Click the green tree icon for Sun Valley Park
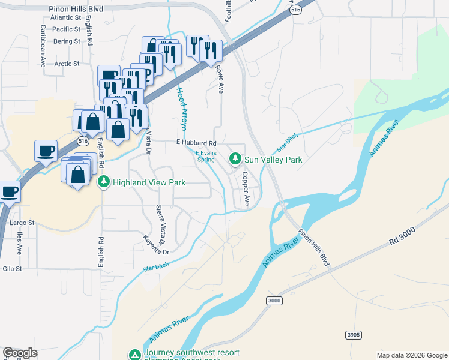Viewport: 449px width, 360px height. point(235,160)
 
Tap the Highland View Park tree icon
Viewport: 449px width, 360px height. point(104,182)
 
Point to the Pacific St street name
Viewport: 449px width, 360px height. point(66,29)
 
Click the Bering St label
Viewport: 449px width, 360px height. point(66,41)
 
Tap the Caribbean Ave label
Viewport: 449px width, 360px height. point(43,45)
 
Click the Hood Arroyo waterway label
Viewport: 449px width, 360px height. point(181,109)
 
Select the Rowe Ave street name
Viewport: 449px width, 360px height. point(220,79)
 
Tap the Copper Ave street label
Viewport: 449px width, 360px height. point(245,189)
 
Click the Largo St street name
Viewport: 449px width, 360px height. point(23,223)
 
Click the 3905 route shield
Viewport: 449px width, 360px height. point(353,334)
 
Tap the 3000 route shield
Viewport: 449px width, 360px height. point(274,301)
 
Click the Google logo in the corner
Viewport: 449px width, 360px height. point(20,353)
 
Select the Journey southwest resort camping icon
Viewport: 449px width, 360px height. point(136,355)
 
